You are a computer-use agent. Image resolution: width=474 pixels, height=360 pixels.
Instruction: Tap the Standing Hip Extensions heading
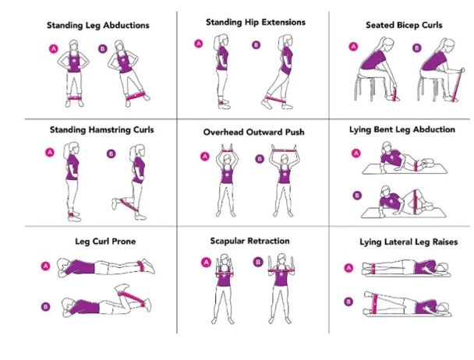click(256, 22)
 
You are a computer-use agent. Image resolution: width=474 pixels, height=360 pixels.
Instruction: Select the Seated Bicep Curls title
click(404, 26)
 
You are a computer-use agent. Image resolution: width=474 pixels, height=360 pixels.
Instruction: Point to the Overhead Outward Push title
click(254, 132)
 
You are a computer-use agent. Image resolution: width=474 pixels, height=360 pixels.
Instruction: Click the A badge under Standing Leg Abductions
click(54, 48)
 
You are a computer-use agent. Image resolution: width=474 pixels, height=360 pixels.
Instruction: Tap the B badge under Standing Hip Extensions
click(257, 45)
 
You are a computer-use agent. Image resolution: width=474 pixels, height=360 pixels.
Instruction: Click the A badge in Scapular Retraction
click(207, 263)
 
